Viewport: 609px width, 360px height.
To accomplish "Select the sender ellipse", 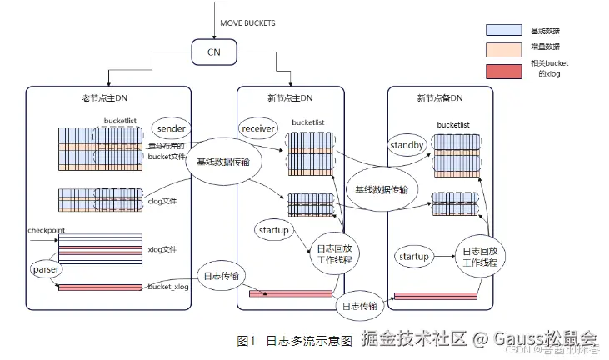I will pyautogui.click(x=171, y=129).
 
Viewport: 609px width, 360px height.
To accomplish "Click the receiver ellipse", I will pyautogui.click(x=258, y=129).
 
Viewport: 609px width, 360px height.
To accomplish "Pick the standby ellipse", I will pyautogui.click(x=407, y=147).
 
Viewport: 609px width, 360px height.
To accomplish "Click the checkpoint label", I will pyautogui.click(x=46, y=230).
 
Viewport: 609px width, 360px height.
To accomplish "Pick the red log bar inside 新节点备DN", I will pyautogui.click(x=435, y=295).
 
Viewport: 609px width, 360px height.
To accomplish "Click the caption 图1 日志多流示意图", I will pyautogui.click(x=296, y=340).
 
